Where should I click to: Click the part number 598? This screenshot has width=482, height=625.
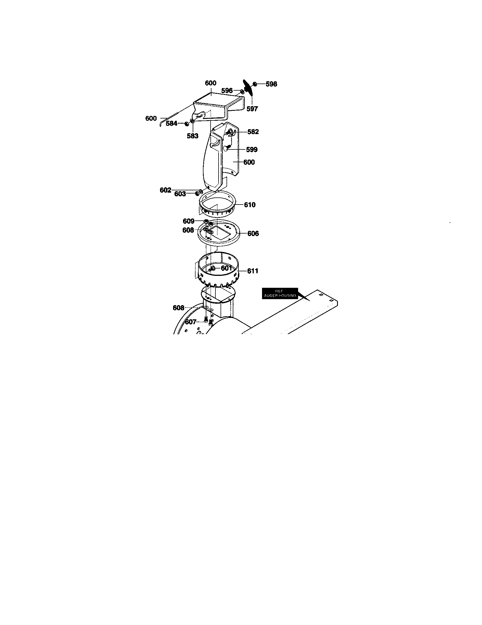point(271,84)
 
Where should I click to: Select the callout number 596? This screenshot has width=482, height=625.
point(227,91)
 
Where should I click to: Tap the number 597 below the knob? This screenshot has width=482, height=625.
point(252,109)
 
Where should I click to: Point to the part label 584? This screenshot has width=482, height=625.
point(171,124)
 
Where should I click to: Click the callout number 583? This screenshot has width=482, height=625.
point(193,136)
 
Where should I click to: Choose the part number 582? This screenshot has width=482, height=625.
point(253,132)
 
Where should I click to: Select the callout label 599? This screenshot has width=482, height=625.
point(252,150)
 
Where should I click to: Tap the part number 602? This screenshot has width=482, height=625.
point(165,190)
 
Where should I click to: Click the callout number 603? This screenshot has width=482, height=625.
point(180,194)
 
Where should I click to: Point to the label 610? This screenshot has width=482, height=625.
point(250,205)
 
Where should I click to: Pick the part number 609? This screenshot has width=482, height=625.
point(189,221)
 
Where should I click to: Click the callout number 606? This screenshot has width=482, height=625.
point(253,234)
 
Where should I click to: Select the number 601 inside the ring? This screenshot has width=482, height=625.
point(227,268)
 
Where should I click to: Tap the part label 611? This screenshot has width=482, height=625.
point(253,271)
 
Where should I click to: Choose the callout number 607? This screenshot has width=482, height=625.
point(191,322)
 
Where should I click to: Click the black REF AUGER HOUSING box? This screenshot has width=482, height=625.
point(280,293)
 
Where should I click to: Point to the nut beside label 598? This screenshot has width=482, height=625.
point(255,84)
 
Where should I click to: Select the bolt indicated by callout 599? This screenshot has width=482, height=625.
point(227,148)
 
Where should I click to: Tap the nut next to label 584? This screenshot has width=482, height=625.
point(187,124)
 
